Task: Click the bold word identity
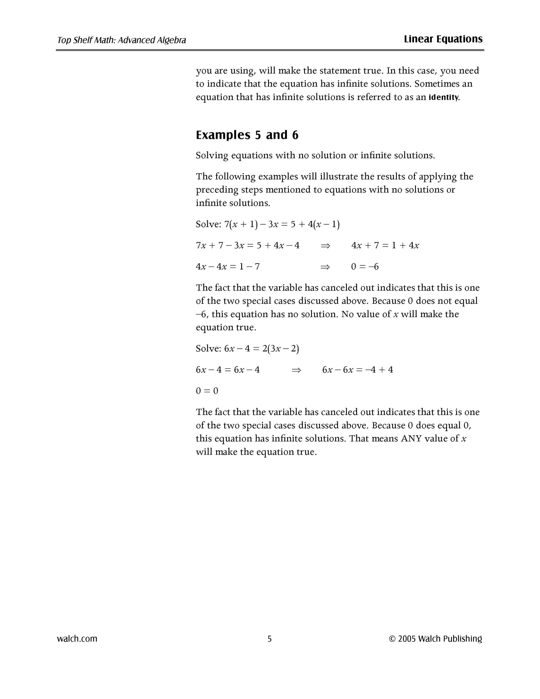click(443, 97)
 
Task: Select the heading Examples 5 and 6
click(247, 135)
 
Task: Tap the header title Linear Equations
click(443, 39)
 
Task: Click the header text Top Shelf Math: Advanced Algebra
click(122, 40)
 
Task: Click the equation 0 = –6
click(365, 266)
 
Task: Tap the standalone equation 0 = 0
click(207, 391)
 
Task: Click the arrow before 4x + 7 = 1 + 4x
click(325, 245)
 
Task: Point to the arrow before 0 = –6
click(325, 266)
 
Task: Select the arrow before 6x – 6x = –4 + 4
click(297, 370)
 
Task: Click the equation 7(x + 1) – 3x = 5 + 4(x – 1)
click(282, 224)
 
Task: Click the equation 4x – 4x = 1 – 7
click(228, 266)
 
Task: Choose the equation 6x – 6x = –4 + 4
click(358, 370)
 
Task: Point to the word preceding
click(217, 190)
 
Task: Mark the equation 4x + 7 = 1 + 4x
click(385, 245)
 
